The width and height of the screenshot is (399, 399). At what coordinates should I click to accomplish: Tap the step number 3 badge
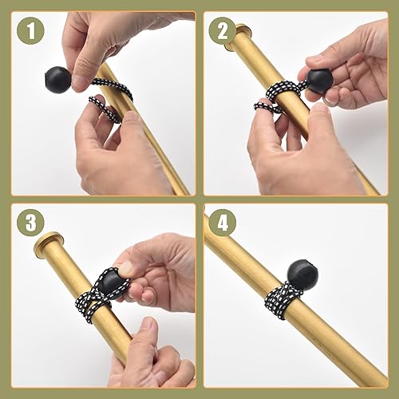[x=29, y=223]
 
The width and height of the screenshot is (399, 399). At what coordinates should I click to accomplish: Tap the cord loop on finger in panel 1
[x=105, y=107]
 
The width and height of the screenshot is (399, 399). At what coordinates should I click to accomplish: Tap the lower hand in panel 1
[x=112, y=152]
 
